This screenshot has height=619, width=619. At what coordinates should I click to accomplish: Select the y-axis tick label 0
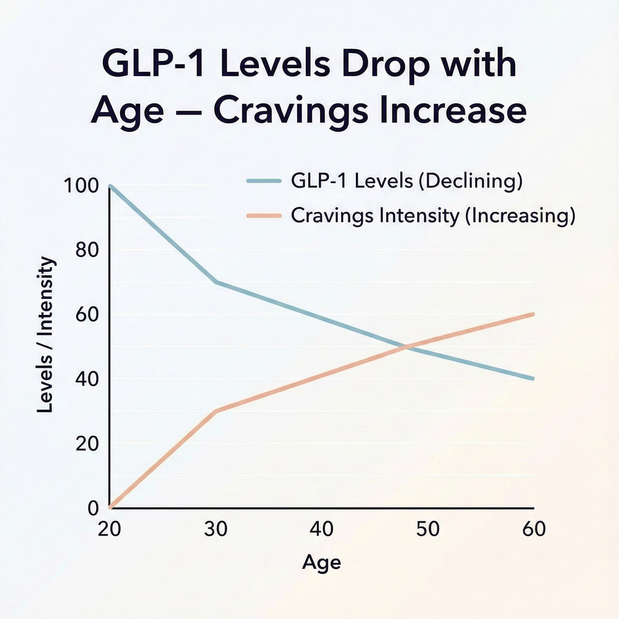(x=93, y=508)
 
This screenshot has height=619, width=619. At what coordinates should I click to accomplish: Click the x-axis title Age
(x=321, y=563)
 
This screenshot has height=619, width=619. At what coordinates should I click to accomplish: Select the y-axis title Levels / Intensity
(x=47, y=335)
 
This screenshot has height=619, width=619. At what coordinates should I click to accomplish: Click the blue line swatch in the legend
(x=264, y=181)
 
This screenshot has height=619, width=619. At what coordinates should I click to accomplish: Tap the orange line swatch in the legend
(x=264, y=216)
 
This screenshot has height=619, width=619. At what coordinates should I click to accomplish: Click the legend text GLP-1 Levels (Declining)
(x=407, y=181)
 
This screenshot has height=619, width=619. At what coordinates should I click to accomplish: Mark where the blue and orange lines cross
(x=406, y=347)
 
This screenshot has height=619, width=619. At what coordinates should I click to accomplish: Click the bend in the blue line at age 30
(x=215, y=282)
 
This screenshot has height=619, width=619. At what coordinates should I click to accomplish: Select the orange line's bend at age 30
(x=215, y=411)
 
